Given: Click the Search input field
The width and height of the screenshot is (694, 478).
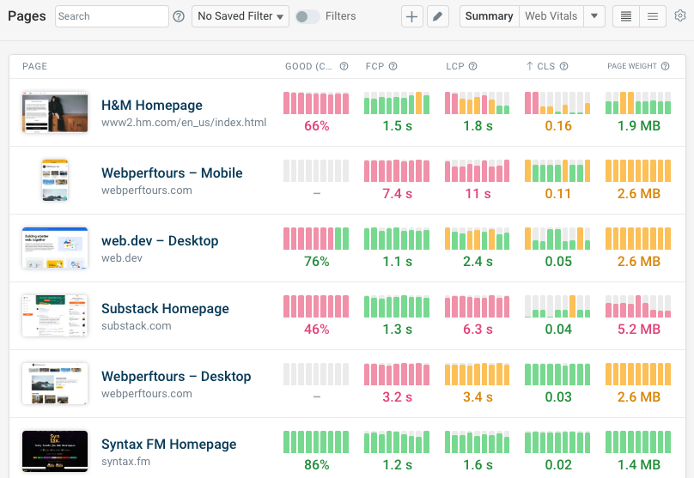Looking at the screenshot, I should (x=112, y=16).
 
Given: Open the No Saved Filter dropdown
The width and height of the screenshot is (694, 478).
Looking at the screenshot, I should (x=240, y=16).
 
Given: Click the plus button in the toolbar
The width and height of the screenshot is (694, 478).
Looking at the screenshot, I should (x=412, y=16).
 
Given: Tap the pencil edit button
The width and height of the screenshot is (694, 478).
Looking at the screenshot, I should (x=438, y=16).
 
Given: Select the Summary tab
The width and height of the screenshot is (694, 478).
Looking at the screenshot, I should (x=489, y=16).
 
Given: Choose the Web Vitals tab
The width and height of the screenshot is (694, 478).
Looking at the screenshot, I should (x=551, y=16).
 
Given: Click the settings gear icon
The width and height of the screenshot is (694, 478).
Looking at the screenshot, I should (x=680, y=16).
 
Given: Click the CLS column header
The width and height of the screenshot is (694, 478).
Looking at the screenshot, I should (x=545, y=66).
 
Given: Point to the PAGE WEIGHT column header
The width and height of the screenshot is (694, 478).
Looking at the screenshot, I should (x=631, y=66).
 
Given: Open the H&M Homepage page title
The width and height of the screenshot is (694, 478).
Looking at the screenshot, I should (x=152, y=106).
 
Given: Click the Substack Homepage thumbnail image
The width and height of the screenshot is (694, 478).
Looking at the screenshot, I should (x=55, y=316).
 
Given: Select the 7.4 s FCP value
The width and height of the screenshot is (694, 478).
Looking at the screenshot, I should (x=397, y=194).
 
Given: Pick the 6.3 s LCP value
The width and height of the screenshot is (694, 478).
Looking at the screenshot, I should (x=478, y=330).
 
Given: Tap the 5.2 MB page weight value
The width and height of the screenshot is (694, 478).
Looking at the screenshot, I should (x=639, y=330).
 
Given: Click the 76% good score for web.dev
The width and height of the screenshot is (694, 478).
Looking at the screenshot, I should (x=317, y=262).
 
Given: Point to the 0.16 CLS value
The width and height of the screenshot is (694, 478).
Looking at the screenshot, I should (x=558, y=126).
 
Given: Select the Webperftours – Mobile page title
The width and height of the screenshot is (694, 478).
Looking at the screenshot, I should (x=172, y=173).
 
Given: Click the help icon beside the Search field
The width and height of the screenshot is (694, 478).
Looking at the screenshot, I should (x=179, y=16).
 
